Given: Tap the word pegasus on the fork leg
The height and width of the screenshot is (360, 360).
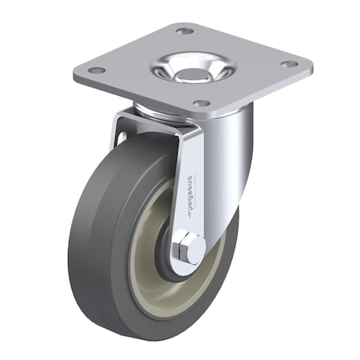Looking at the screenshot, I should (190, 190).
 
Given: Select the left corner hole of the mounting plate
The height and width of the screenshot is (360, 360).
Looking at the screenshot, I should (97, 70).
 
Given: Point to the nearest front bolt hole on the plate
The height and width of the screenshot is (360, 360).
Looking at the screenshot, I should (201, 103).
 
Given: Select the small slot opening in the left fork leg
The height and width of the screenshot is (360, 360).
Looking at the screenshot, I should (122, 138).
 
